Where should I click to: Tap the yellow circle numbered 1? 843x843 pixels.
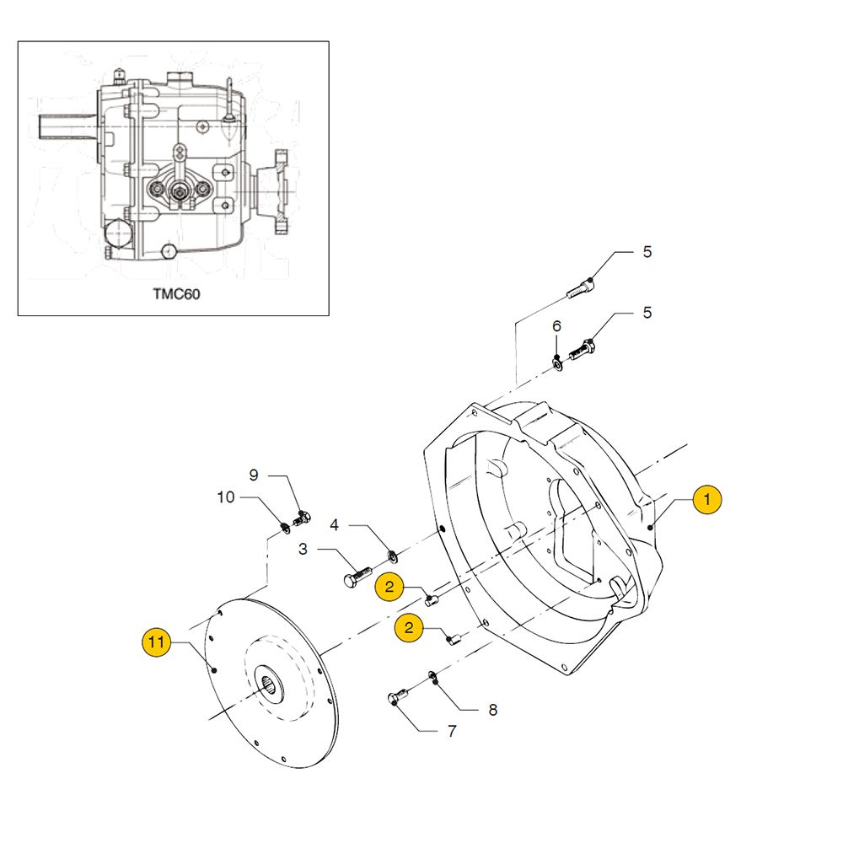(707, 499)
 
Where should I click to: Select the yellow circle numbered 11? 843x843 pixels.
(155, 643)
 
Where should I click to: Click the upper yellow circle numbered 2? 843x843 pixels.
(389, 587)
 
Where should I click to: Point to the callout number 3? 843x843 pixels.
(302, 550)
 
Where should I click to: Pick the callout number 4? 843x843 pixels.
(334, 525)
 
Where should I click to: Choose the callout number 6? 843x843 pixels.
(556, 326)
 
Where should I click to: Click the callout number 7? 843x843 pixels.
(452, 732)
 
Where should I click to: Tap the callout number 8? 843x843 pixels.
(493, 710)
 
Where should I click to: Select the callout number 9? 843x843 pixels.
(253, 475)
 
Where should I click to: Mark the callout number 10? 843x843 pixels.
(226, 497)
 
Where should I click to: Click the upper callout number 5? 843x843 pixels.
(647, 251)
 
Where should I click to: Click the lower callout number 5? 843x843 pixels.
(647, 313)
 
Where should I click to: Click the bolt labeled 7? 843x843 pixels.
(397, 697)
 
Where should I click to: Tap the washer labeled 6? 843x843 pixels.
(557, 362)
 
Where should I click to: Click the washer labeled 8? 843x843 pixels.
(432, 675)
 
